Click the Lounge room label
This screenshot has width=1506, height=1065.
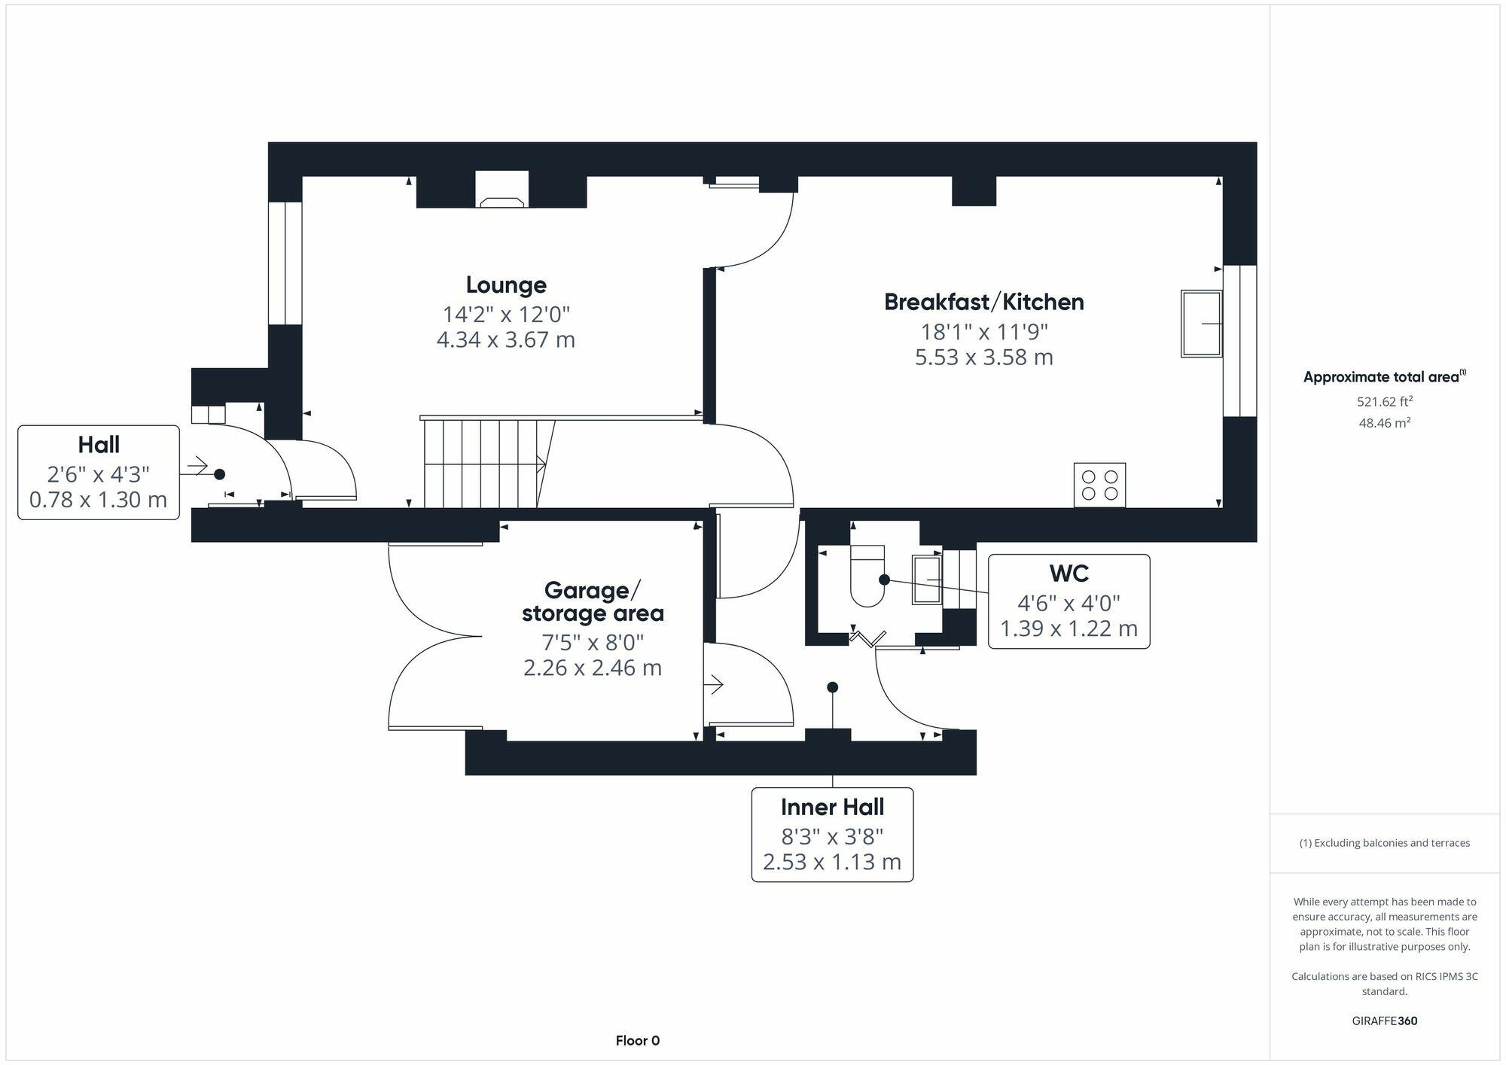point(506,285)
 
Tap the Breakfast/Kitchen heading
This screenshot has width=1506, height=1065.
point(984,302)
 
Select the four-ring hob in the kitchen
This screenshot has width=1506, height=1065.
point(1099,485)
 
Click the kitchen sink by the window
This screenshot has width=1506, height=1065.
point(1201,324)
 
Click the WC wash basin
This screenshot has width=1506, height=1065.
point(927,580)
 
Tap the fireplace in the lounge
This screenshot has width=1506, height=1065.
point(501,190)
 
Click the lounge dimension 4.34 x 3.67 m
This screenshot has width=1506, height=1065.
point(506,339)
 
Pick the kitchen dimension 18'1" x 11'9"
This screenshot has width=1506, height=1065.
point(984,331)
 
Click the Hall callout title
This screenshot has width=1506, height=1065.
point(99,445)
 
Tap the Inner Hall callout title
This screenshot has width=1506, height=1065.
point(832,807)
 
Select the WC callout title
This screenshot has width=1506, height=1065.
point(1069,574)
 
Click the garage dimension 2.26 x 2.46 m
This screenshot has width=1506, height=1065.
point(593,668)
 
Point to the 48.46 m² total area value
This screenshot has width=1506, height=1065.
point(1384,423)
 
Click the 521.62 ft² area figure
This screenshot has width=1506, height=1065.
point(1384,402)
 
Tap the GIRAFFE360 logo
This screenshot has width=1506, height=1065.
point(1384,1021)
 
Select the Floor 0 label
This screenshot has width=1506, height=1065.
point(637,1041)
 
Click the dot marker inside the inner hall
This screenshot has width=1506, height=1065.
point(832,687)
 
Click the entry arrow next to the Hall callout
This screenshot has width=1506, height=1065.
point(194,467)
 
